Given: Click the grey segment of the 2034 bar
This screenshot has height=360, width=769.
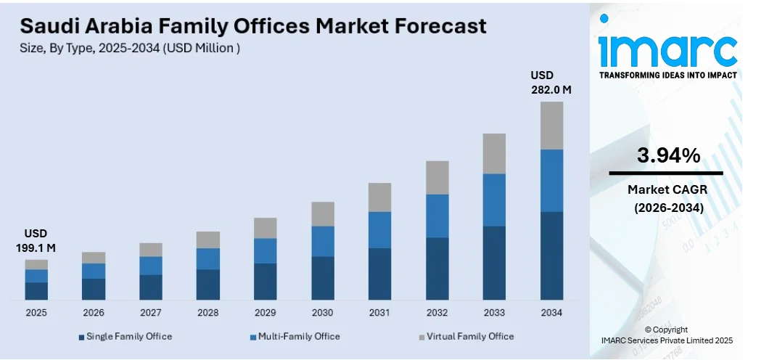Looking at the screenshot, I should pyautogui.click(x=551, y=125).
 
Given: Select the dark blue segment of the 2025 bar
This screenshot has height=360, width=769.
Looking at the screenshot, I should pyautogui.click(x=36, y=290).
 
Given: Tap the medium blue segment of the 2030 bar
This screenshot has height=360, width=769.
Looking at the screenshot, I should pyautogui.click(x=323, y=241).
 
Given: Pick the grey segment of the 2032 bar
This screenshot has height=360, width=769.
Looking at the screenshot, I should pyautogui.click(x=437, y=177).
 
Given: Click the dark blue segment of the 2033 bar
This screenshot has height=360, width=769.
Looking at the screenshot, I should pyautogui.click(x=494, y=263).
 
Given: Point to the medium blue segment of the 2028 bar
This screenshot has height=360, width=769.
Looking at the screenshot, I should pyautogui.click(x=208, y=258).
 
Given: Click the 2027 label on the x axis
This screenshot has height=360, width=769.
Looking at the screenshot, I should pyautogui.click(x=151, y=312).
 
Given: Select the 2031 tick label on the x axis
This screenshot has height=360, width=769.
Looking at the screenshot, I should pyautogui.click(x=379, y=312).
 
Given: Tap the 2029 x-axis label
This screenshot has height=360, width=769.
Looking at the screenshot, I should pyautogui.click(x=266, y=312).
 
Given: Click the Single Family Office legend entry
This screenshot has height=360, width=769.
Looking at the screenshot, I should pyautogui.click(x=125, y=337).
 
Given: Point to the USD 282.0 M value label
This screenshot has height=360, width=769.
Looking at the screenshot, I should pyautogui.click(x=551, y=83).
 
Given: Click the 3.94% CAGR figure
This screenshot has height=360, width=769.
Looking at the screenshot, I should pyautogui.click(x=668, y=155).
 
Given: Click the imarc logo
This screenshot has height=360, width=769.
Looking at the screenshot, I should pyautogui.click(x=667, y=49).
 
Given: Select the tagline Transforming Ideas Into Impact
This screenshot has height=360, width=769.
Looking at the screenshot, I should pyautogui.click(x=667, y=75).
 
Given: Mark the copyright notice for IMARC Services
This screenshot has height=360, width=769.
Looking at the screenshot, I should pyautogui.click(x=667, y=335).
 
